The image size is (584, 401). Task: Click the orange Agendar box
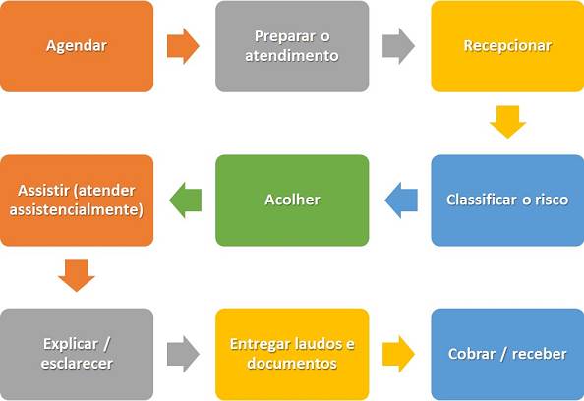(x=77, y=46)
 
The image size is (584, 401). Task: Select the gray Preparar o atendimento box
(x=292, y=46)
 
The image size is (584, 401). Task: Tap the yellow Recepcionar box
(x=507, y=46)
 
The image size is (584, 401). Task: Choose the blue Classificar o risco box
(x=507, y=200)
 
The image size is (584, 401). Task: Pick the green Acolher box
(x=292, y=200)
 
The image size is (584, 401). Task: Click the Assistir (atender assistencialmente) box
(x=77, y=200)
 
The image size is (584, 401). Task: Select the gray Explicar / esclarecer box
(x=77, y=354)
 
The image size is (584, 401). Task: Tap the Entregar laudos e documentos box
(x=292, y=354)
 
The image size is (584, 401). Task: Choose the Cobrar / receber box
(x=507, y=354)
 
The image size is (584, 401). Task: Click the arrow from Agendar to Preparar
(x=183, y=46)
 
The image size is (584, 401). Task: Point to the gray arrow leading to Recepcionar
(x=398, y=46)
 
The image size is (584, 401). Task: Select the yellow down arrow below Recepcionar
(x=507, y=122)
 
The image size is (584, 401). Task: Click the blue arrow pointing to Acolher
(x=401, y=200)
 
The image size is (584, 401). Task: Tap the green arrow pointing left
(x=186, y=200)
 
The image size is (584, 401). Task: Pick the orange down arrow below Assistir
(x=77, y=276)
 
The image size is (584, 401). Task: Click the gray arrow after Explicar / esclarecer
(x=183, y=354)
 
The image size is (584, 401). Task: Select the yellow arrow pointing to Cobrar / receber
(x=398, y=354)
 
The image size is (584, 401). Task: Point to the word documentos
(x=292, y=364)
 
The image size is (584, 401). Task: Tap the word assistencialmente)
(x=77, y=210)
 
